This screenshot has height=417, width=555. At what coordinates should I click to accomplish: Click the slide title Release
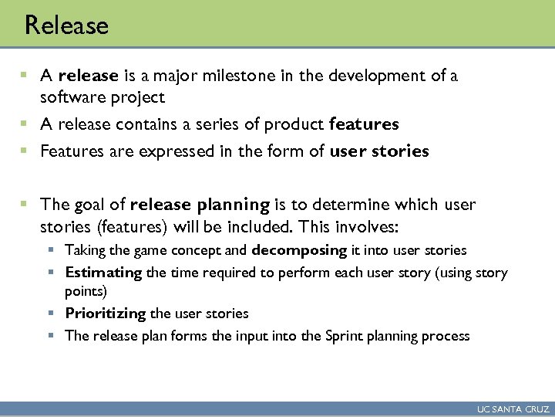tap(66, 25)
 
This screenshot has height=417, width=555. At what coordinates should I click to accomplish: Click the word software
tap(70, 97)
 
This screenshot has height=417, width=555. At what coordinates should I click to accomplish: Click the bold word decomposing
tap(299, 250)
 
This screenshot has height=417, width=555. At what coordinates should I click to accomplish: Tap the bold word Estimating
tap(103, 273)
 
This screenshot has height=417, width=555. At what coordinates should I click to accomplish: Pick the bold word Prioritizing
tap(106, 314)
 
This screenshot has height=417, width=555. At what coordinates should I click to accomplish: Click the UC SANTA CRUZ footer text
tap(512, 409)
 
